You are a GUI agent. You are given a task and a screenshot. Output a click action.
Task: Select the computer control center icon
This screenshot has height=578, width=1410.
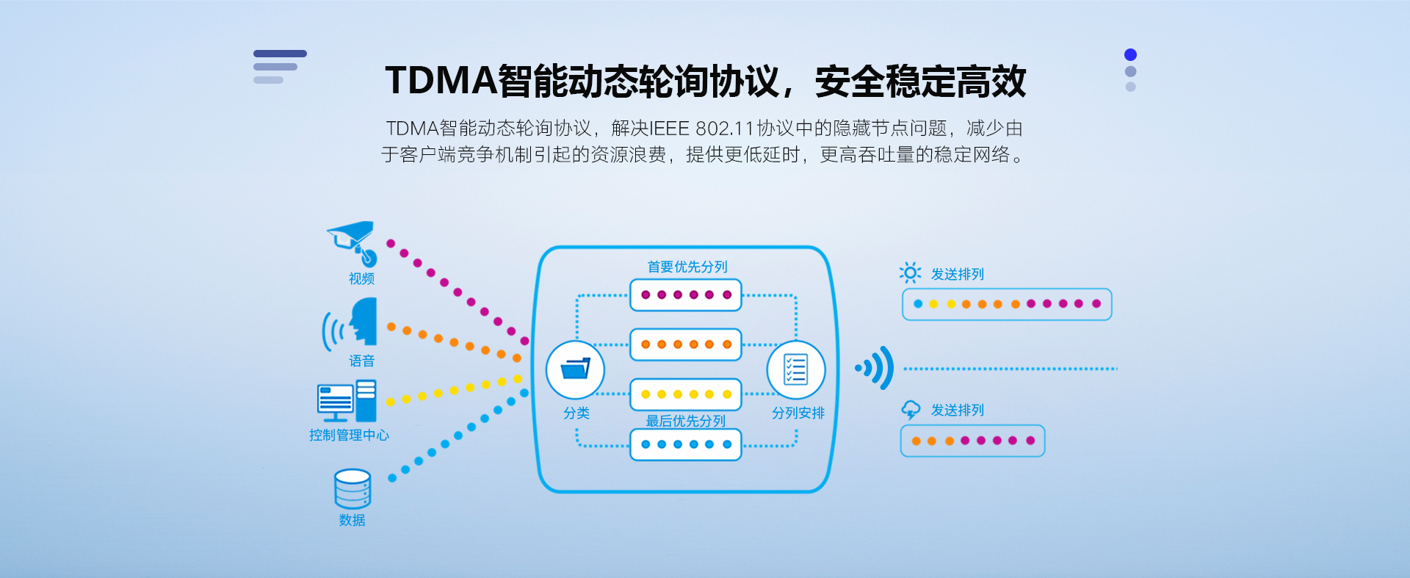[347, 401]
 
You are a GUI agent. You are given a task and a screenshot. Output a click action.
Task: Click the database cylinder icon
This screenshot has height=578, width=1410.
[352, 489]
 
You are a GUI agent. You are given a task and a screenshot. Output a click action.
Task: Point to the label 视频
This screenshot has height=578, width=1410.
[361, 279]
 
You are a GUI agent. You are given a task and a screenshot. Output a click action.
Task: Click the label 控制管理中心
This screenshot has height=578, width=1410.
[349, 435]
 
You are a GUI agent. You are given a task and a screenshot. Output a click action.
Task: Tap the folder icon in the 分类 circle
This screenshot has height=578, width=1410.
[575, 368]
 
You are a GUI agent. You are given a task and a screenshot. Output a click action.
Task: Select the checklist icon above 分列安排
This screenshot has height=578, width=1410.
[796, 369]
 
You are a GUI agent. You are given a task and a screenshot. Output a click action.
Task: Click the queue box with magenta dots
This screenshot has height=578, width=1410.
[686, 295]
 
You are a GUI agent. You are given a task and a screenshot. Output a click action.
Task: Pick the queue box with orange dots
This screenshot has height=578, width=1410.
[686, 344]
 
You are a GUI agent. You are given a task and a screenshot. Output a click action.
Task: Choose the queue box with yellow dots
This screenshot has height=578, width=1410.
[686, 394]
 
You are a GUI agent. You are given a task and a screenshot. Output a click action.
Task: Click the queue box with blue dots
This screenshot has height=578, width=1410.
[686, 444]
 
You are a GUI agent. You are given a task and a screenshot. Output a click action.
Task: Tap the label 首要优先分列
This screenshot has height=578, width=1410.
[687, 267]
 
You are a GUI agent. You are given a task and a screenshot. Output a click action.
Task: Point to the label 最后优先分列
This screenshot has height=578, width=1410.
[685, 421]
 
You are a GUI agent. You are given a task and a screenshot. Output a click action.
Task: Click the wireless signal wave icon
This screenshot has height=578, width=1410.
[875, 368]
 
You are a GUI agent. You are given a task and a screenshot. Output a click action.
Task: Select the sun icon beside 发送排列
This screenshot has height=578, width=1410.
[910, 273]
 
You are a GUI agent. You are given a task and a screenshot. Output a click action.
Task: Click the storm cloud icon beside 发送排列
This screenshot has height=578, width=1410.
[911, 410]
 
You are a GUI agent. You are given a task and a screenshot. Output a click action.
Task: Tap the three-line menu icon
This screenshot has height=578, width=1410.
[279, 67]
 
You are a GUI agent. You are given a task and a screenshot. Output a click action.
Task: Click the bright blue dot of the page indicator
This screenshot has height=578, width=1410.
[1130, 55]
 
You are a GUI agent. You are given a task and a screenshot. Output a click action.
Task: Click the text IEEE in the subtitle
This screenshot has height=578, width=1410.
[669, 129]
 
